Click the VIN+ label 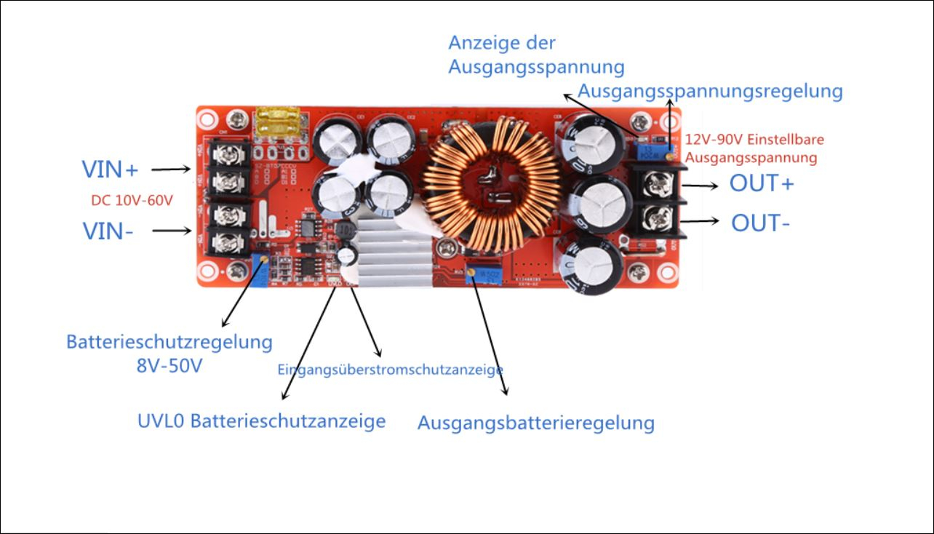click(110, 170)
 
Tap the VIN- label click(108, 231)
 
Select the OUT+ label click(762, 183)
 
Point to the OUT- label click(761, 223)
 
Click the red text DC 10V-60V click(132, 200)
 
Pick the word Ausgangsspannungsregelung click(710, 92)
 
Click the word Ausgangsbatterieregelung click(535, 423)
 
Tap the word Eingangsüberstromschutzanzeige click(391, 370)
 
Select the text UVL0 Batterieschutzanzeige click(262, 421)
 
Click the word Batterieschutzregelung click(169, 341)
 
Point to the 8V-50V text click(169, 365)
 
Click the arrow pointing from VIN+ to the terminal click(171, 169)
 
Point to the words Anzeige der click(502, 43)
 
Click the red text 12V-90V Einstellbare click(754, 139)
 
